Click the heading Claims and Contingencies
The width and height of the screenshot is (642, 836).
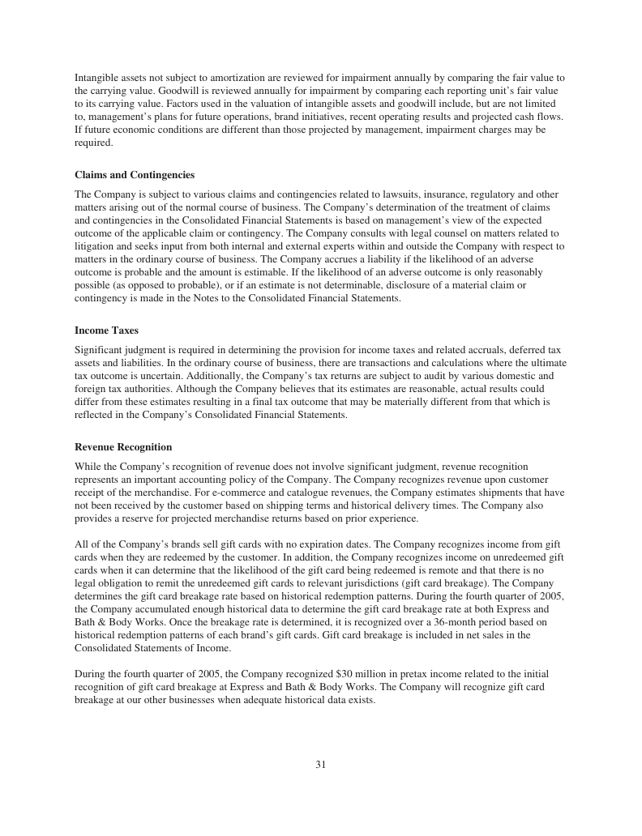point(135,175)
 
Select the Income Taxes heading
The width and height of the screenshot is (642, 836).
point(106,331)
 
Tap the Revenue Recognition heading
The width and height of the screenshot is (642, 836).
point(123,447)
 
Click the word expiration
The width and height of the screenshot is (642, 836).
point(333,544)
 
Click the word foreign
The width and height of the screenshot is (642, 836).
point(89,389)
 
